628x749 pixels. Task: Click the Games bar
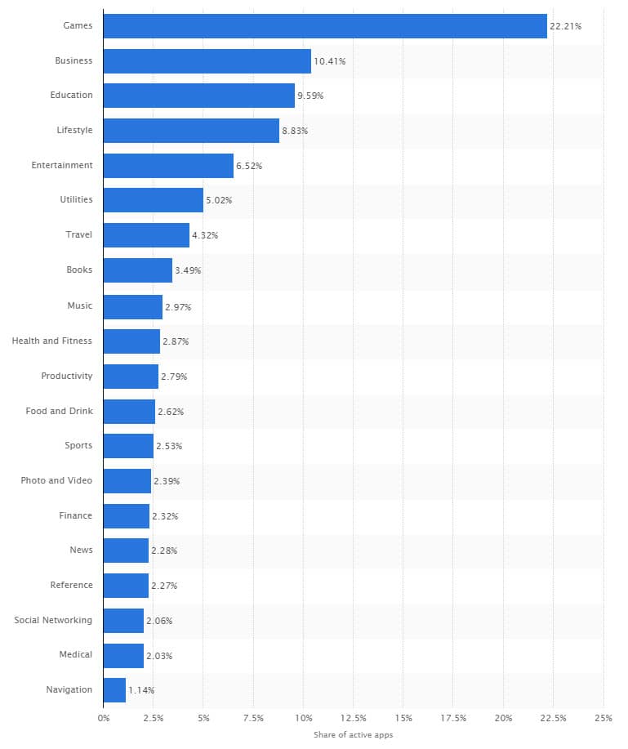325,25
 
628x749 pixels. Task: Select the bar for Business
207,60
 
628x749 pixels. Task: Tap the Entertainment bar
168,165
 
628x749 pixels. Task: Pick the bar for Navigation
114,689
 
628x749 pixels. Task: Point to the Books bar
138,270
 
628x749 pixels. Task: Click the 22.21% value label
565,26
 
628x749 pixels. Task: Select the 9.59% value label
310,96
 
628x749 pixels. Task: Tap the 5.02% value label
219,200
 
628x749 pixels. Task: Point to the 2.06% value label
159,621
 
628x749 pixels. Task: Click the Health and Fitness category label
51,341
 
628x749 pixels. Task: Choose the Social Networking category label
53,620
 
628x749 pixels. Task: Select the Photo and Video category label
56,480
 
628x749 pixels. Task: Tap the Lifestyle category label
74,130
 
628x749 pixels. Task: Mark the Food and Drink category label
59,410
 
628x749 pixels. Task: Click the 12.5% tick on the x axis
354,718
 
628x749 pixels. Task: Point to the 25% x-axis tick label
603,718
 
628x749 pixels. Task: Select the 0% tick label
104,718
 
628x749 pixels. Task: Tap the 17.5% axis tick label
453,718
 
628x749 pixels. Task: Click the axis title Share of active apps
353,735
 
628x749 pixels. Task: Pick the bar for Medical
123,655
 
